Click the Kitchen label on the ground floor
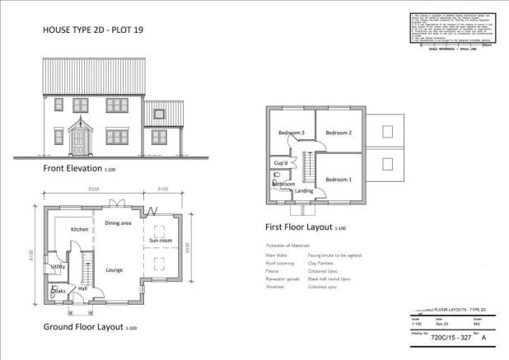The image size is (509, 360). [x=79, y=229]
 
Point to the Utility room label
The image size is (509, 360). [x=58, y=267]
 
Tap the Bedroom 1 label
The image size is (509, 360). [x=338, y=180]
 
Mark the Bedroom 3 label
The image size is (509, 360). [x=291, y=133]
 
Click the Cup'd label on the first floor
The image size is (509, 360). [x=280, y=163]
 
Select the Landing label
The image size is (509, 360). [x=305, y=190]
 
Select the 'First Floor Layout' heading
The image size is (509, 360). [x=299, y=227]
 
